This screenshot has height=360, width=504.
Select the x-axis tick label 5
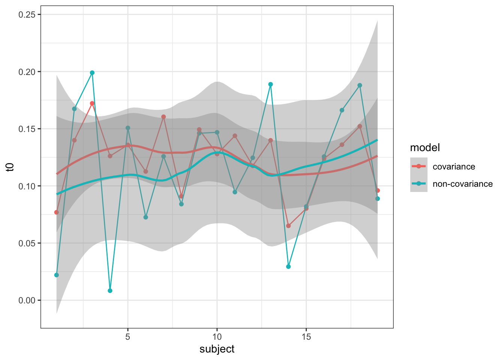pos(128,336)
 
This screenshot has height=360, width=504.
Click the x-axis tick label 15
pos(306,336)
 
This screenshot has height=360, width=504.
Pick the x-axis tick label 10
pos(217,336)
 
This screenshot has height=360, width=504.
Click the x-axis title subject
pos(217,349)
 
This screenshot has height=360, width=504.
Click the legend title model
pos(425,148)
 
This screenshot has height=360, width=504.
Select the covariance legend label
pos(454,166)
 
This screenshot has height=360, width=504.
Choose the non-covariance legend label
pos(462,184)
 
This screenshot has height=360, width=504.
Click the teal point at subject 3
pos(92,73)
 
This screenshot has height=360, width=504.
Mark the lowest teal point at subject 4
pos(110,291)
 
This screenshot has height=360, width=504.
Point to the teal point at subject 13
pos(270,84)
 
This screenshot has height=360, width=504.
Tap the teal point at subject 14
pos(288,267)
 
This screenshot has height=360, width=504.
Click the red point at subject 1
pos(57,212)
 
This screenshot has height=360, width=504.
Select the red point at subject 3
pos(92,103)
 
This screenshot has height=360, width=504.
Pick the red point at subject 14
pos(288,226)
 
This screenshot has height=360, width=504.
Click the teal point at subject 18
pos(360,85)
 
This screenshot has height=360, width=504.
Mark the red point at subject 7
pos(163,117)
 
